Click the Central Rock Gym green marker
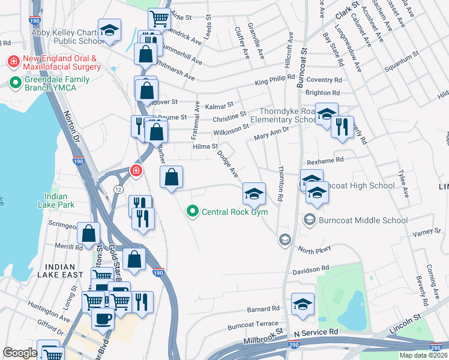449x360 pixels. tap(192, 211)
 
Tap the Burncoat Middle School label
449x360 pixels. tap(363, 220)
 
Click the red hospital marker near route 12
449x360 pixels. tap(136, 170)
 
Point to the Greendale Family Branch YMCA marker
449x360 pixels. tap(13, 82)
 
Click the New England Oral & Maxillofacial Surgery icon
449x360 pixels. tap(13, 61)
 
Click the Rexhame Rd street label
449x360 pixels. tap(324, 160)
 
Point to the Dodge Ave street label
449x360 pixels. tap(228, 163)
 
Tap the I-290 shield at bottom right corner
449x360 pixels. tap(437, 346)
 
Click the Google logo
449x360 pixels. tap(20, 353)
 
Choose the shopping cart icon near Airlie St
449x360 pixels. tap(158, 18)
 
